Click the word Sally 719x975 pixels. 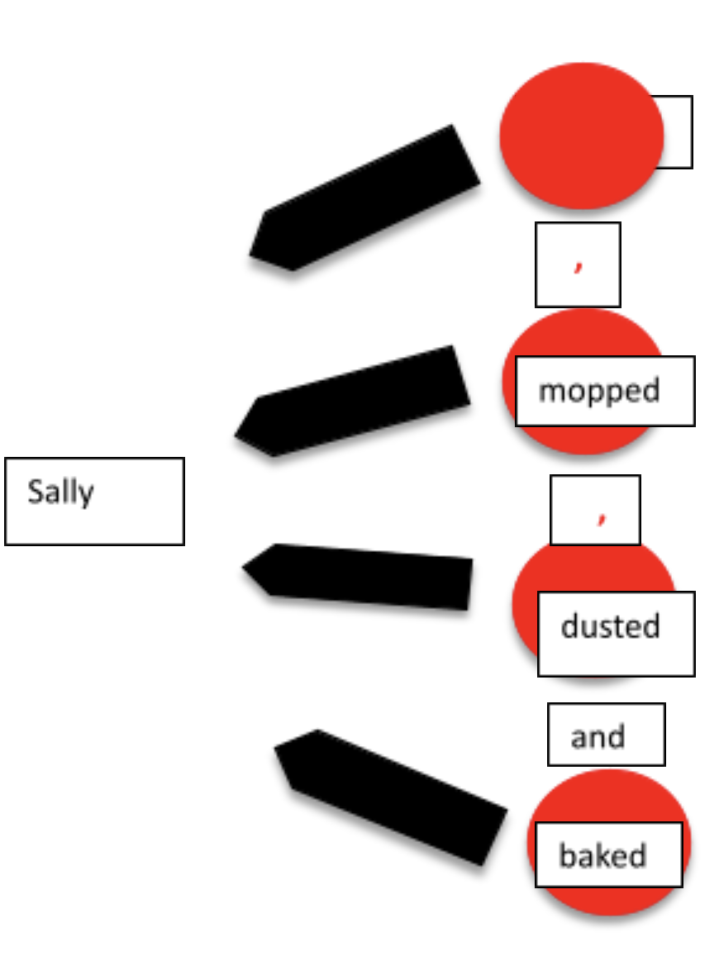coord(60,492)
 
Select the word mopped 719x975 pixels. coord(599,390)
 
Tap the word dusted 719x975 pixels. coord(610,626)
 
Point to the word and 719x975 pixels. coord(598,736)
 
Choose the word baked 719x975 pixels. coord(602,855)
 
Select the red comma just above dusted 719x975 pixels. coord(602,516)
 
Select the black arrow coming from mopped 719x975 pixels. coord(355,401)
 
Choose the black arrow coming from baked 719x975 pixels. coord(388,793)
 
